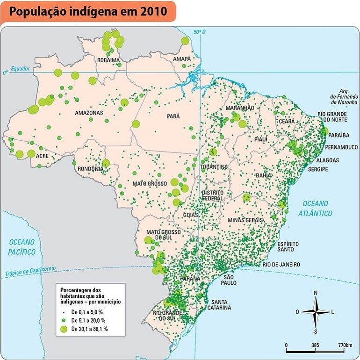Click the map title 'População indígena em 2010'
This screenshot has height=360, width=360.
pos(87,11)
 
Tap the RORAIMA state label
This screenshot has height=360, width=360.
pos(108,60)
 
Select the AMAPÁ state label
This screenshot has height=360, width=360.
pos(182,59)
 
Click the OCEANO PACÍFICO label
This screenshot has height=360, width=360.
pos(22,247)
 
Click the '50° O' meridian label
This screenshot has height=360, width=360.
pos(200,32)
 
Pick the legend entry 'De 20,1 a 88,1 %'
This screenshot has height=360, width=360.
pos(89,329)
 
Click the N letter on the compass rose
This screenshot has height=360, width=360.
pos(316,293)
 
